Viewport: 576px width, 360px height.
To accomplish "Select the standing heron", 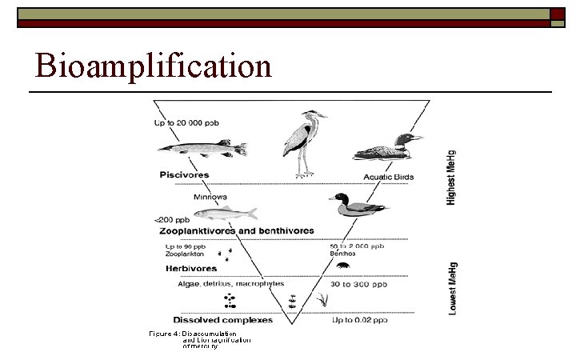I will pos(302,142).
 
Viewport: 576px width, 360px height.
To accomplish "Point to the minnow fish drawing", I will pos(226,214).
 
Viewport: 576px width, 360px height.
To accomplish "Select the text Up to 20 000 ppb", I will pos(187,123).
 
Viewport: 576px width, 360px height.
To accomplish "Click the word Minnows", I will pos(211,196).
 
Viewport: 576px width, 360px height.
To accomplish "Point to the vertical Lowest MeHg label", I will pos(453,286).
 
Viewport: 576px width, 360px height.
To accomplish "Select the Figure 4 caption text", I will pos(200,339).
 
